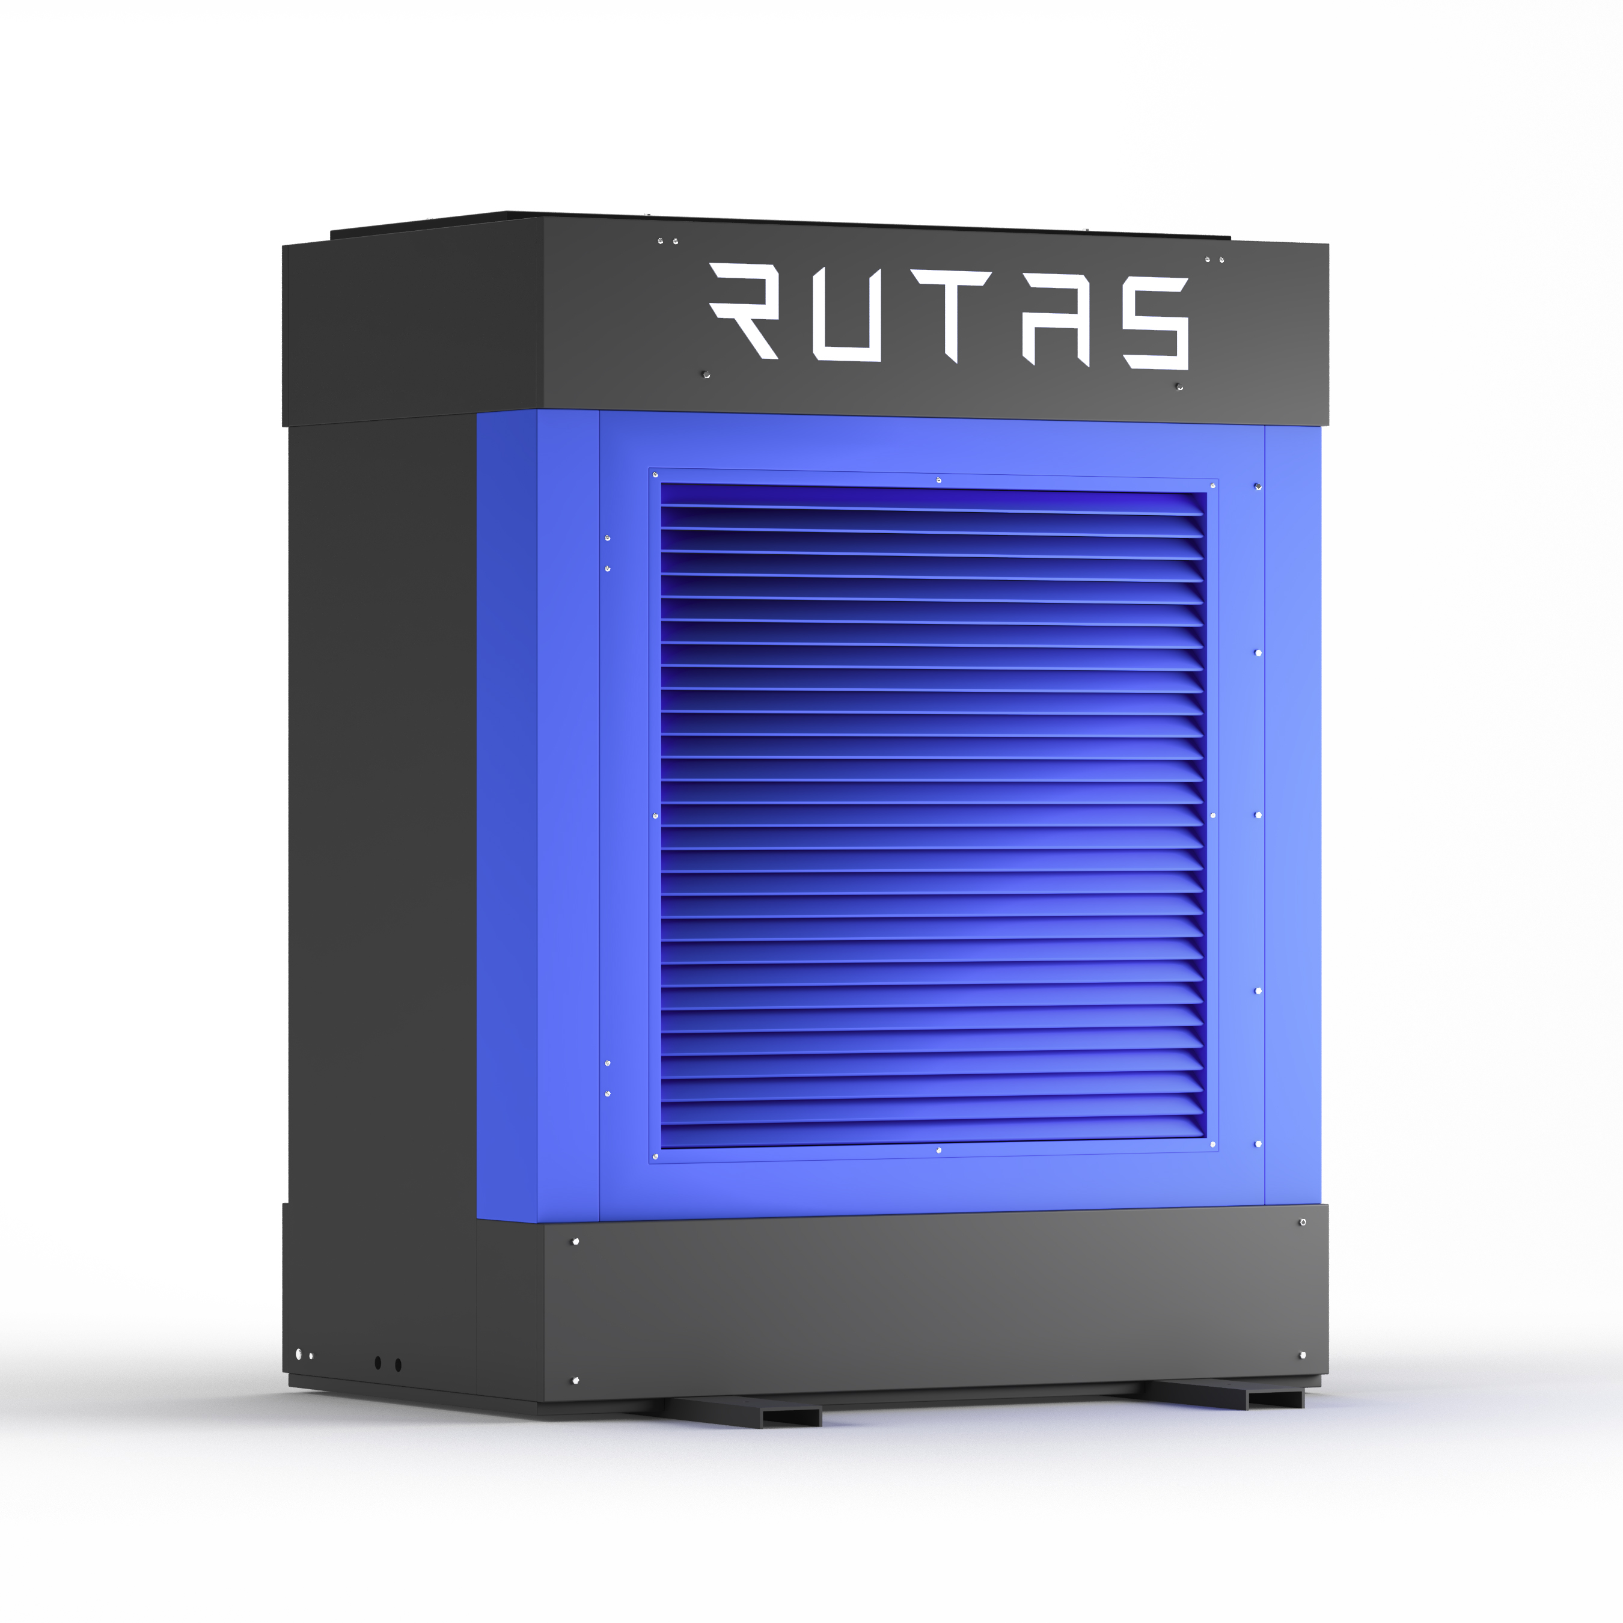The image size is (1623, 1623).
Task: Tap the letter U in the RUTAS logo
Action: (x=847, y=315)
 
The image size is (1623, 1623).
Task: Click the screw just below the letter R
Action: (x=706, y=374)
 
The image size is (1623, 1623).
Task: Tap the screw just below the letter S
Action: (x=1179, y=387)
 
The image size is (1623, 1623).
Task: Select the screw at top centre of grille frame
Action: (x=938, y=480)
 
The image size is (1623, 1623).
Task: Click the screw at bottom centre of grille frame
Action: (x=938, y=1150)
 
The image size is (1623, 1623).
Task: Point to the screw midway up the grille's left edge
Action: (x=655, y=815)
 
